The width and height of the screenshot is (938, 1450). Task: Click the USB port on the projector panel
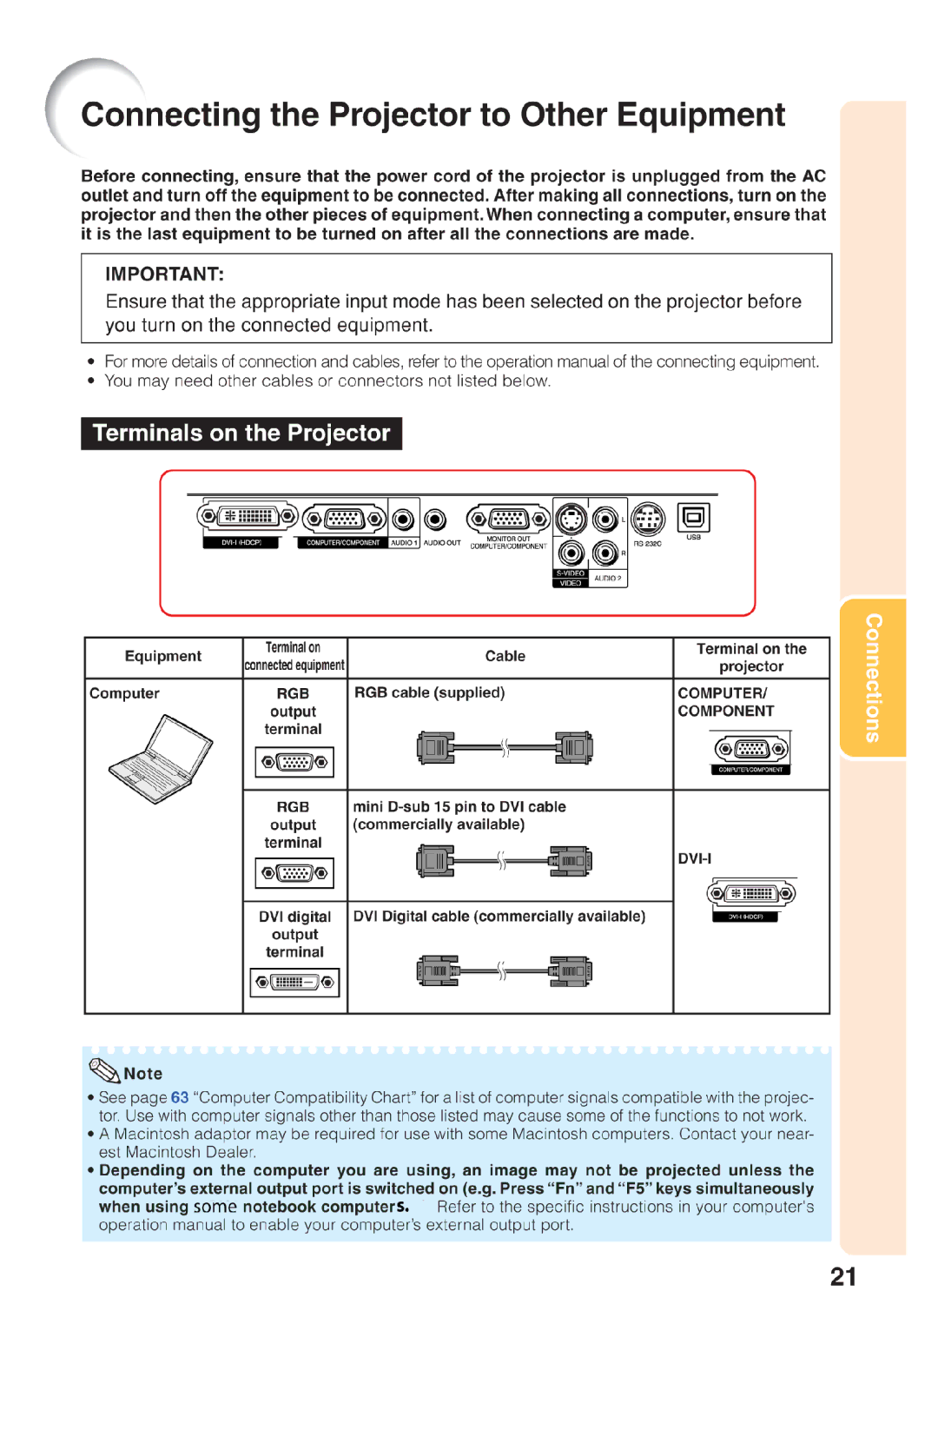click(x=693, y=519)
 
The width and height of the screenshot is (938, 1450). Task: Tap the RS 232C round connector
click(x=647, y=520)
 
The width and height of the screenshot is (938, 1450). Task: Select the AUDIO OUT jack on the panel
click(x=435, y=520)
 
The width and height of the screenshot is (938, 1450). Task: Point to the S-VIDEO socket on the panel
click(x=571, y=520)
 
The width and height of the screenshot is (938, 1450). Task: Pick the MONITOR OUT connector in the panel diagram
click(x=508, y=520)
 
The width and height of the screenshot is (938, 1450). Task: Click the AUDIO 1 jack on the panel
click(x=403, y=520)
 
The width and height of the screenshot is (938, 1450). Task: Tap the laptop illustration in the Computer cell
click(x=161, y=758)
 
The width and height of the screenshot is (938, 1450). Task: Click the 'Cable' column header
click(x=505, y=656)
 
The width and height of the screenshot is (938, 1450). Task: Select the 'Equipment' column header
click(x=163, y=656)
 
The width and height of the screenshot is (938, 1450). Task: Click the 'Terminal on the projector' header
click(x=751, y=657)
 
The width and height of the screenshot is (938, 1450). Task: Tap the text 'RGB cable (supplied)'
click(x=429, y=692)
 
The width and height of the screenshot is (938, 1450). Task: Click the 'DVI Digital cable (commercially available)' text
click(x=499, y=916)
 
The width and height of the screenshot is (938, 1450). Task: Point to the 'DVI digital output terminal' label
click(x=294, y=934)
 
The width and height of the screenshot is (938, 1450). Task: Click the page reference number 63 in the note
click(x=180, y=1097)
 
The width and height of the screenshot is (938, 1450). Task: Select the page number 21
click(x=842, y=1276)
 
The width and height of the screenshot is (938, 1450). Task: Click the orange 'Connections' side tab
click(x=873, y=678)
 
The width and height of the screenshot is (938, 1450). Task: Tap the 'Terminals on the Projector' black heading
click(x=241, y=434)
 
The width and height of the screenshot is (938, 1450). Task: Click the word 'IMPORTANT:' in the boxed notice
click(x=165, y=275)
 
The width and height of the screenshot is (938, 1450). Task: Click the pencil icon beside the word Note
click(x=104, y=1071)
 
